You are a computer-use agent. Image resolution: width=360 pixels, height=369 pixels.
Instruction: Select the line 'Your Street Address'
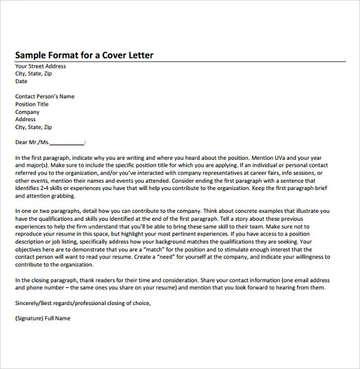coord(41,66)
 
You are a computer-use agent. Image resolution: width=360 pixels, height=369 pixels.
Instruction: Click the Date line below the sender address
coord(22,81)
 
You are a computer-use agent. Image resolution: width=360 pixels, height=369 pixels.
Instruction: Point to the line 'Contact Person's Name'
coord(45,97)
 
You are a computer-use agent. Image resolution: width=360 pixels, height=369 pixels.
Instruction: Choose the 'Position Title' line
coord(32,105)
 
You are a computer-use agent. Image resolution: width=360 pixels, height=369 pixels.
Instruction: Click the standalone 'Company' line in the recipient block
coord(27,112)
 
